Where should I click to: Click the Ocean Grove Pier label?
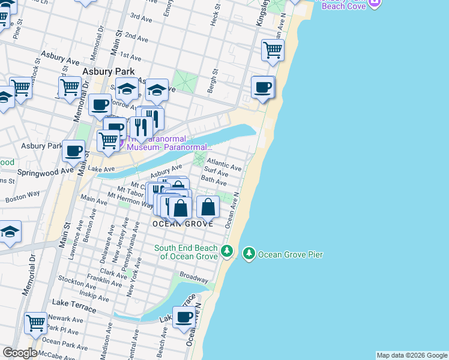point(291,255)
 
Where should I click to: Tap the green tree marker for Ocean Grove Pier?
point(249,254)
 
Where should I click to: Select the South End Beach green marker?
point(226,250)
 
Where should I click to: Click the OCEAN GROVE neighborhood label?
point(182,224)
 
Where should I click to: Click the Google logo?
point(19,353)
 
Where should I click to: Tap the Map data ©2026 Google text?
point(412,355)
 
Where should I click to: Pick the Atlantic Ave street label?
point(224,164)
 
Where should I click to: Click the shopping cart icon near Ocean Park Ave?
point(35,323)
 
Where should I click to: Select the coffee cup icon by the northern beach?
point(262,87)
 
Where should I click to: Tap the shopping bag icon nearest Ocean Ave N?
point(208,207)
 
